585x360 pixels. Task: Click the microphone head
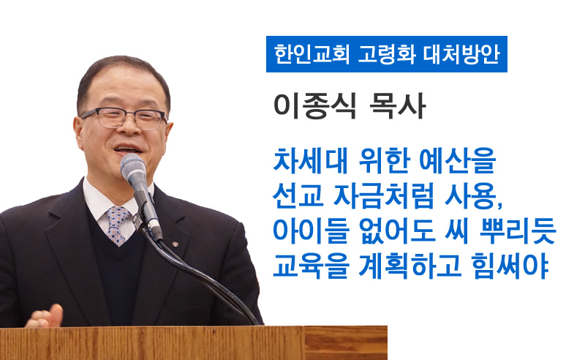(133, 168)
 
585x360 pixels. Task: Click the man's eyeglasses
(124, 118)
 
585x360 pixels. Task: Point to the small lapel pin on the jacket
(175, 244)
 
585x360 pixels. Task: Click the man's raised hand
(45, 317)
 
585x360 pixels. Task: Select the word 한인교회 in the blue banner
(312, 54)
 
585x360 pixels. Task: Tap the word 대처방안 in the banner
(461, 54)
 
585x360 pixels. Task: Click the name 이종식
(315, 105)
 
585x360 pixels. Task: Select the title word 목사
(397, 105)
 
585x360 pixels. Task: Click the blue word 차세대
(310, 160)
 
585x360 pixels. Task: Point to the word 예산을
(458, 160)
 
